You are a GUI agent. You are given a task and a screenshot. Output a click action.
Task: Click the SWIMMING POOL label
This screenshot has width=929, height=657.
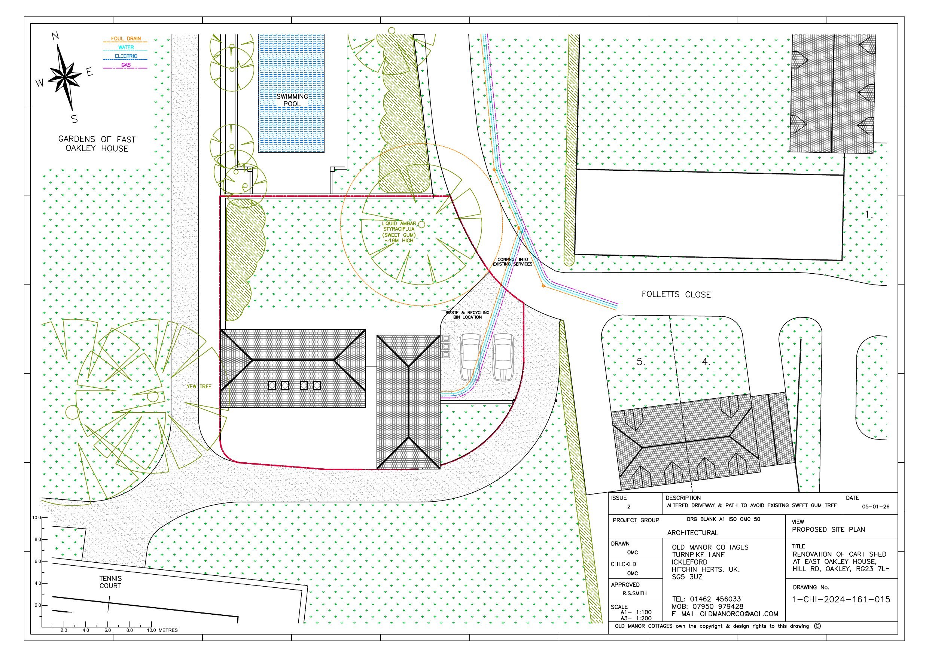[x=292, y=100]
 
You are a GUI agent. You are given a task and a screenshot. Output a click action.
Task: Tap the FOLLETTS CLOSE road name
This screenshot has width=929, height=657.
[x=676, y=294]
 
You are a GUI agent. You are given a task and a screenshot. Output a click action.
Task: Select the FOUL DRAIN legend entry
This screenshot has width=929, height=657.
[x=126, y=39]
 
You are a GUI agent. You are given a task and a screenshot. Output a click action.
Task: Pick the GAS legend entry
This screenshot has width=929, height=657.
[x=126, y=65]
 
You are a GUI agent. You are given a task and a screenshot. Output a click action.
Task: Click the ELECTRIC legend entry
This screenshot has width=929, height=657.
[x=126, y=56]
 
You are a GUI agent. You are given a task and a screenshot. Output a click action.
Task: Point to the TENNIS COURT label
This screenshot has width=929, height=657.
[x=110, y=582]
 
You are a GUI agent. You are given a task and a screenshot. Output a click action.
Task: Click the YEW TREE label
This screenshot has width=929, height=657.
[x=199, y=386]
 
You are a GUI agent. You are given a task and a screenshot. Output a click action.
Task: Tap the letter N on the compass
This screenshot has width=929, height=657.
[x=55, y=36]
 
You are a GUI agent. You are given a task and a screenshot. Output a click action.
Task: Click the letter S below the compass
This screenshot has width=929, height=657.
[x=74, y=119]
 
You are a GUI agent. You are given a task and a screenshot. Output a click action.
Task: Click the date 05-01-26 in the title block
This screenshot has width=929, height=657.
[x=875, y=507]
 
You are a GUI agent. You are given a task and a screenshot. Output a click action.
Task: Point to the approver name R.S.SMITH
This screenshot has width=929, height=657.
[x=634, y=593]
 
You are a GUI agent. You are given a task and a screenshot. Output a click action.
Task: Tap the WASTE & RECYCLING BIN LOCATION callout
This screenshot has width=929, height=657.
[x=467, y=315]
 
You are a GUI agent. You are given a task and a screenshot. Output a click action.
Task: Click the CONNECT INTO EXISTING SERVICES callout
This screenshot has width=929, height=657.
[x=513, y=262]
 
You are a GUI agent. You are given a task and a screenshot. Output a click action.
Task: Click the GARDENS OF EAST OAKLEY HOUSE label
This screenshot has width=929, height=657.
[x=97, y=144]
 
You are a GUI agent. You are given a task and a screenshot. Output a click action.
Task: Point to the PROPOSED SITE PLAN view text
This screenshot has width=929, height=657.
[x=828, y=529]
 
